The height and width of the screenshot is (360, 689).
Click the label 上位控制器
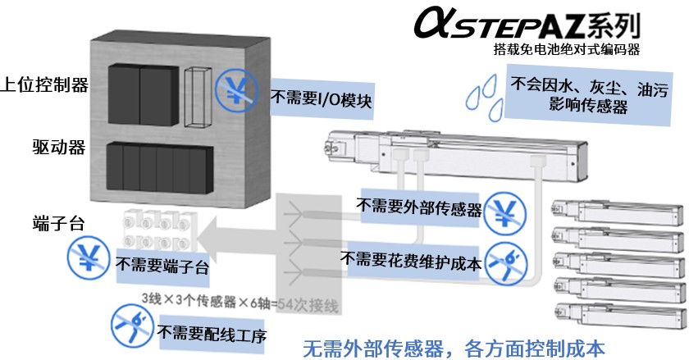tap(44, 84)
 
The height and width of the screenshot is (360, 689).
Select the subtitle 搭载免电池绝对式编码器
tap(566, 50)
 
